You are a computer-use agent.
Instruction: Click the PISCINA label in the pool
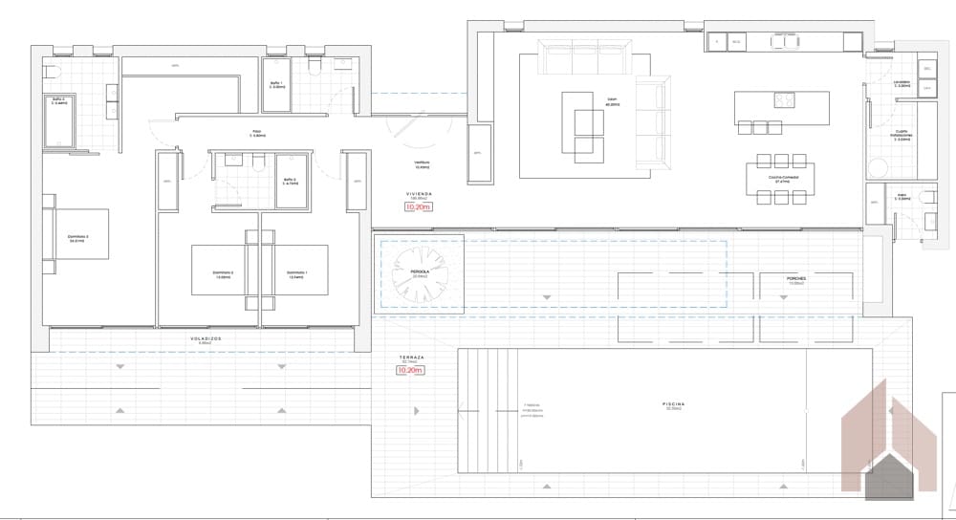tap(673, 404)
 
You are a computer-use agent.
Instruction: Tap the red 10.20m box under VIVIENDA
tap(419, 206)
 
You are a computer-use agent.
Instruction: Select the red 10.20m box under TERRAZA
tap(411, 369)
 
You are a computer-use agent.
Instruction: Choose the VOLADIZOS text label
tap(205, 337)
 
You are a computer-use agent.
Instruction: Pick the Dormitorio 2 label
tap(223, 272)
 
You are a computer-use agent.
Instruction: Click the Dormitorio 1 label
tap(298, 272)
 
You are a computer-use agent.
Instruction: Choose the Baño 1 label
tap(275, 84)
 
